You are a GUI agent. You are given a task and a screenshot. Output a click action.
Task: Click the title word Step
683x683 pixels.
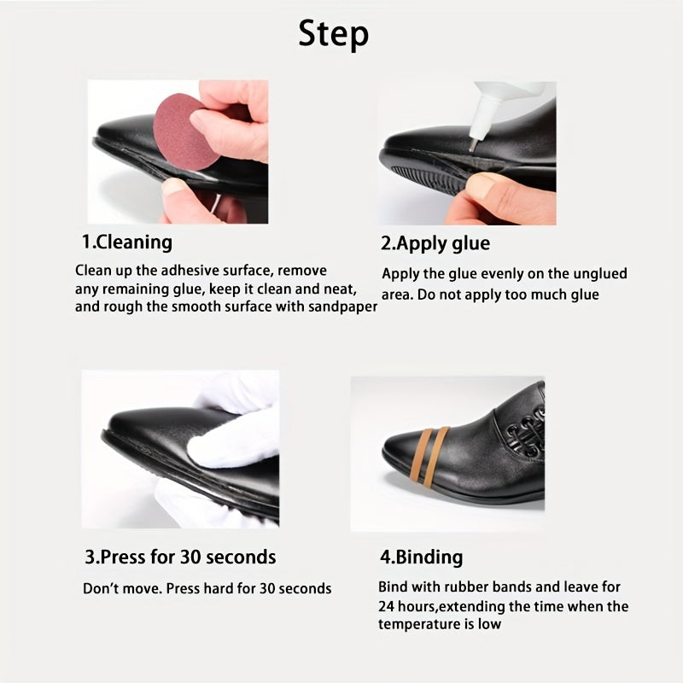(x=334, y=34)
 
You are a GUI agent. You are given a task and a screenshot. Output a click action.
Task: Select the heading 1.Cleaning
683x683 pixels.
(x=127, y=242)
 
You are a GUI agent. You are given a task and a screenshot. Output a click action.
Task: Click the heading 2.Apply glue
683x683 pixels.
(x=435, y=244)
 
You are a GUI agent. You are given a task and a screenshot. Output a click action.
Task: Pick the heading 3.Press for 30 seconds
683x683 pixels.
(x=180, y=557)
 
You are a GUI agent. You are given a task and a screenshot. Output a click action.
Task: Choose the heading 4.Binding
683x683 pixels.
(x=421, y=557)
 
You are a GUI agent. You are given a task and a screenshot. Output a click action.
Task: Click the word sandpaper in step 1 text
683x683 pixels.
(x=339, y=306)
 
